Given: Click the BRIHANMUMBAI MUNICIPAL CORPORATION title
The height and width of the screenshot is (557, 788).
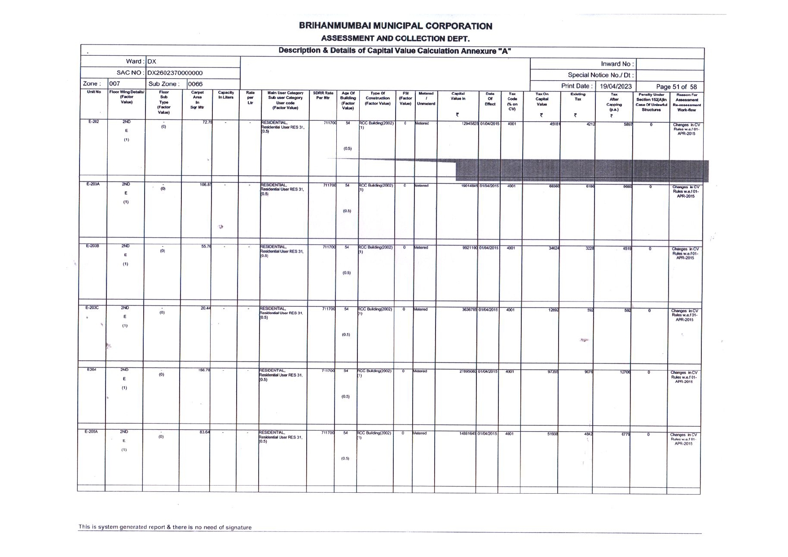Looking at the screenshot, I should tap(396, 26).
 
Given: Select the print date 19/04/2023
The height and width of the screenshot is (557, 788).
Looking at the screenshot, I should tap(615, 86).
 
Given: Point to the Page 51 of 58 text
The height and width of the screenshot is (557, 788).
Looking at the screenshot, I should tap(676, 87).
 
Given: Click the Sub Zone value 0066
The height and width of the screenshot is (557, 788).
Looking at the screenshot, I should tap(195, 84).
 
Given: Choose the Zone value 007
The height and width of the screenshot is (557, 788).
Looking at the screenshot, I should tap(115, 84).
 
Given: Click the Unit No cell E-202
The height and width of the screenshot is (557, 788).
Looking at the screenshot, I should tap(93, 122).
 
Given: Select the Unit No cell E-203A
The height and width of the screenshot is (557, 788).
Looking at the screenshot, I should tap(93, 184).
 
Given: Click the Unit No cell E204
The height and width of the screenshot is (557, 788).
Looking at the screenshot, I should tap(92, 370).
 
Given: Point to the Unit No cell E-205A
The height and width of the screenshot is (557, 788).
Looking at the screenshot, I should tap(91, 432).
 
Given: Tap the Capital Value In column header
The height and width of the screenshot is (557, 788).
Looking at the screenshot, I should tap(458, 96).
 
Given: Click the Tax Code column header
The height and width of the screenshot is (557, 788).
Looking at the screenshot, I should tap(512, 102).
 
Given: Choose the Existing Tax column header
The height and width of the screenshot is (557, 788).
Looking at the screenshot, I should tap(577, 97).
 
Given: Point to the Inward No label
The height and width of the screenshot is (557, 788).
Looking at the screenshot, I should tap(617, 64).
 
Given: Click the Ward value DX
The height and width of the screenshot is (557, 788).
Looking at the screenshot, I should tap(152, 62).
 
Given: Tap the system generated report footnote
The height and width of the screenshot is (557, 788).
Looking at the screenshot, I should tap(165, 527).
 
